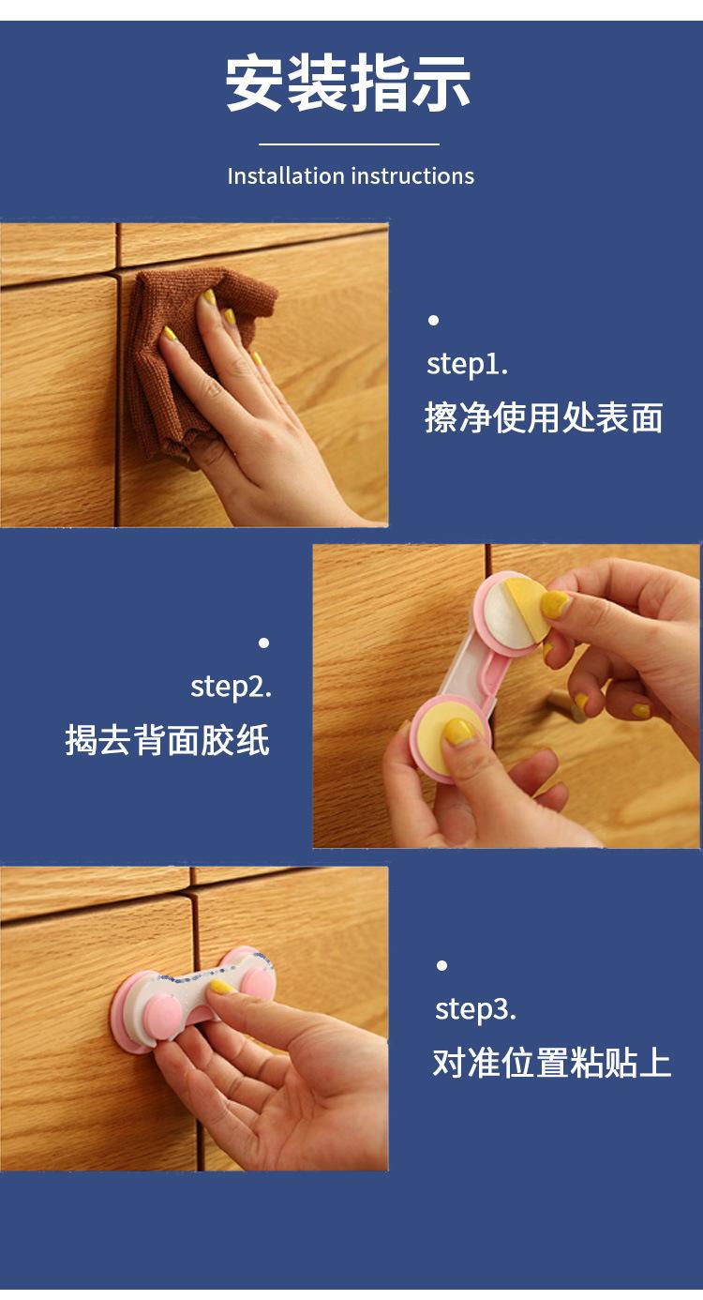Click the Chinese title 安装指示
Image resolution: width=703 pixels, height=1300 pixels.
point(348,83)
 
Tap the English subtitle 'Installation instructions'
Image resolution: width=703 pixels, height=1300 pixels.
point(351,175)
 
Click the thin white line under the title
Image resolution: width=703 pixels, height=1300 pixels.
point(349,144)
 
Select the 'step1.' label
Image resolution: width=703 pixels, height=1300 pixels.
point(467,365)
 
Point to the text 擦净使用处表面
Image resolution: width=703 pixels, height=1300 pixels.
point(544,417)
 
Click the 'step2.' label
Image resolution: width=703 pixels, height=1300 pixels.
point(231,688)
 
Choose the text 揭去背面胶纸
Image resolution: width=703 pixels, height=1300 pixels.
point(168,740)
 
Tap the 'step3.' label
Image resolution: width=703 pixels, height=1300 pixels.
point(475,1010)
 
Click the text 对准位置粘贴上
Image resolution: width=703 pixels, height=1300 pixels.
point(551,1063)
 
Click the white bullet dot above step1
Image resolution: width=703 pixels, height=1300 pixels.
point(433,320)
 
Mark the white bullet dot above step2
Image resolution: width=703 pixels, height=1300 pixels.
point(264,642)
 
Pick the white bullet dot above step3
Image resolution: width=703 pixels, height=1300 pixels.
point(442,965)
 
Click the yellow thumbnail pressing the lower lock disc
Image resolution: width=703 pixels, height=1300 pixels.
point(459,732)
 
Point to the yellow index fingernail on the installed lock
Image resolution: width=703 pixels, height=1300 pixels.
point(222,986)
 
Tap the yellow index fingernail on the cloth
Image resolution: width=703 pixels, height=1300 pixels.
point(209,297)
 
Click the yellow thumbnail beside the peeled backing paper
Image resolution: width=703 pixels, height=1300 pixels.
point(555,605)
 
